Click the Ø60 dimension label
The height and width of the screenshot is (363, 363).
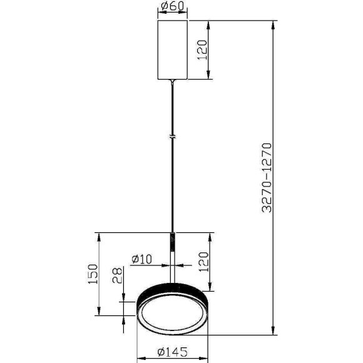(x=172, y=8)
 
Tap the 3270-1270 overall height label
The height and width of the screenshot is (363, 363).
(x=267, y=178)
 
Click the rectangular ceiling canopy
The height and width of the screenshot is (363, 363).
(x=172, y=49)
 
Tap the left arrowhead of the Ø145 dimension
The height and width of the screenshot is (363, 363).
(x=139, y=359)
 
